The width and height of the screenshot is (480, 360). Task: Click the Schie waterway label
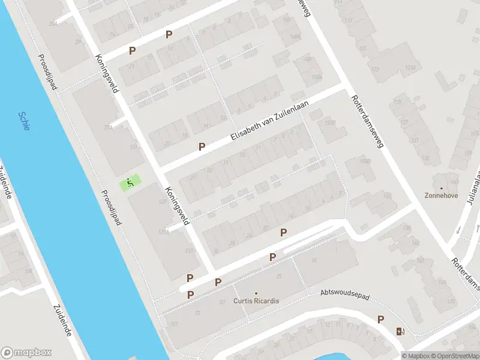pyautogui.click(x=24, y=122)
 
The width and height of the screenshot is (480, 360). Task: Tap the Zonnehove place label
pyautogui.click(x=441, y=196)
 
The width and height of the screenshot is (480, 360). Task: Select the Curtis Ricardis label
pyautogui.click(x=256, y=301)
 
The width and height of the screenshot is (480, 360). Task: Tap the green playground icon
pyautogui.click(x=129, y=182)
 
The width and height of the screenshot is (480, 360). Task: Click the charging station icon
pyautogui.click(x=400, y=331)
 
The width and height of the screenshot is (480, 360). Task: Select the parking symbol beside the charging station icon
pyautogui.click(x=380, y=320)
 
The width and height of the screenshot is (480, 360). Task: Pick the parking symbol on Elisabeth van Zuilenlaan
pyautogui.click(x=202, y=146)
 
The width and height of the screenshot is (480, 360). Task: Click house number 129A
pyautogui.click(x=163, y=232)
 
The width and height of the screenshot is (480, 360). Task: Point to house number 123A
pyautogui.click(x=410, y=68)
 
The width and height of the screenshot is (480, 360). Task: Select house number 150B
pyautogui.click(x=329, y=123)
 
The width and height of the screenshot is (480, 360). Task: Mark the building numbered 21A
pyautogui.click(x=109, y=127)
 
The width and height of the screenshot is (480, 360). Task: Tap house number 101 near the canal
pyautogui.click(x=174, y=325)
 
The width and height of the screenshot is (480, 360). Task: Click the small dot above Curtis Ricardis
pyautogui.click(x=256, y=293)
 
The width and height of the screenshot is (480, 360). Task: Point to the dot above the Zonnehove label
pyautogui.click(x=442, y=188)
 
